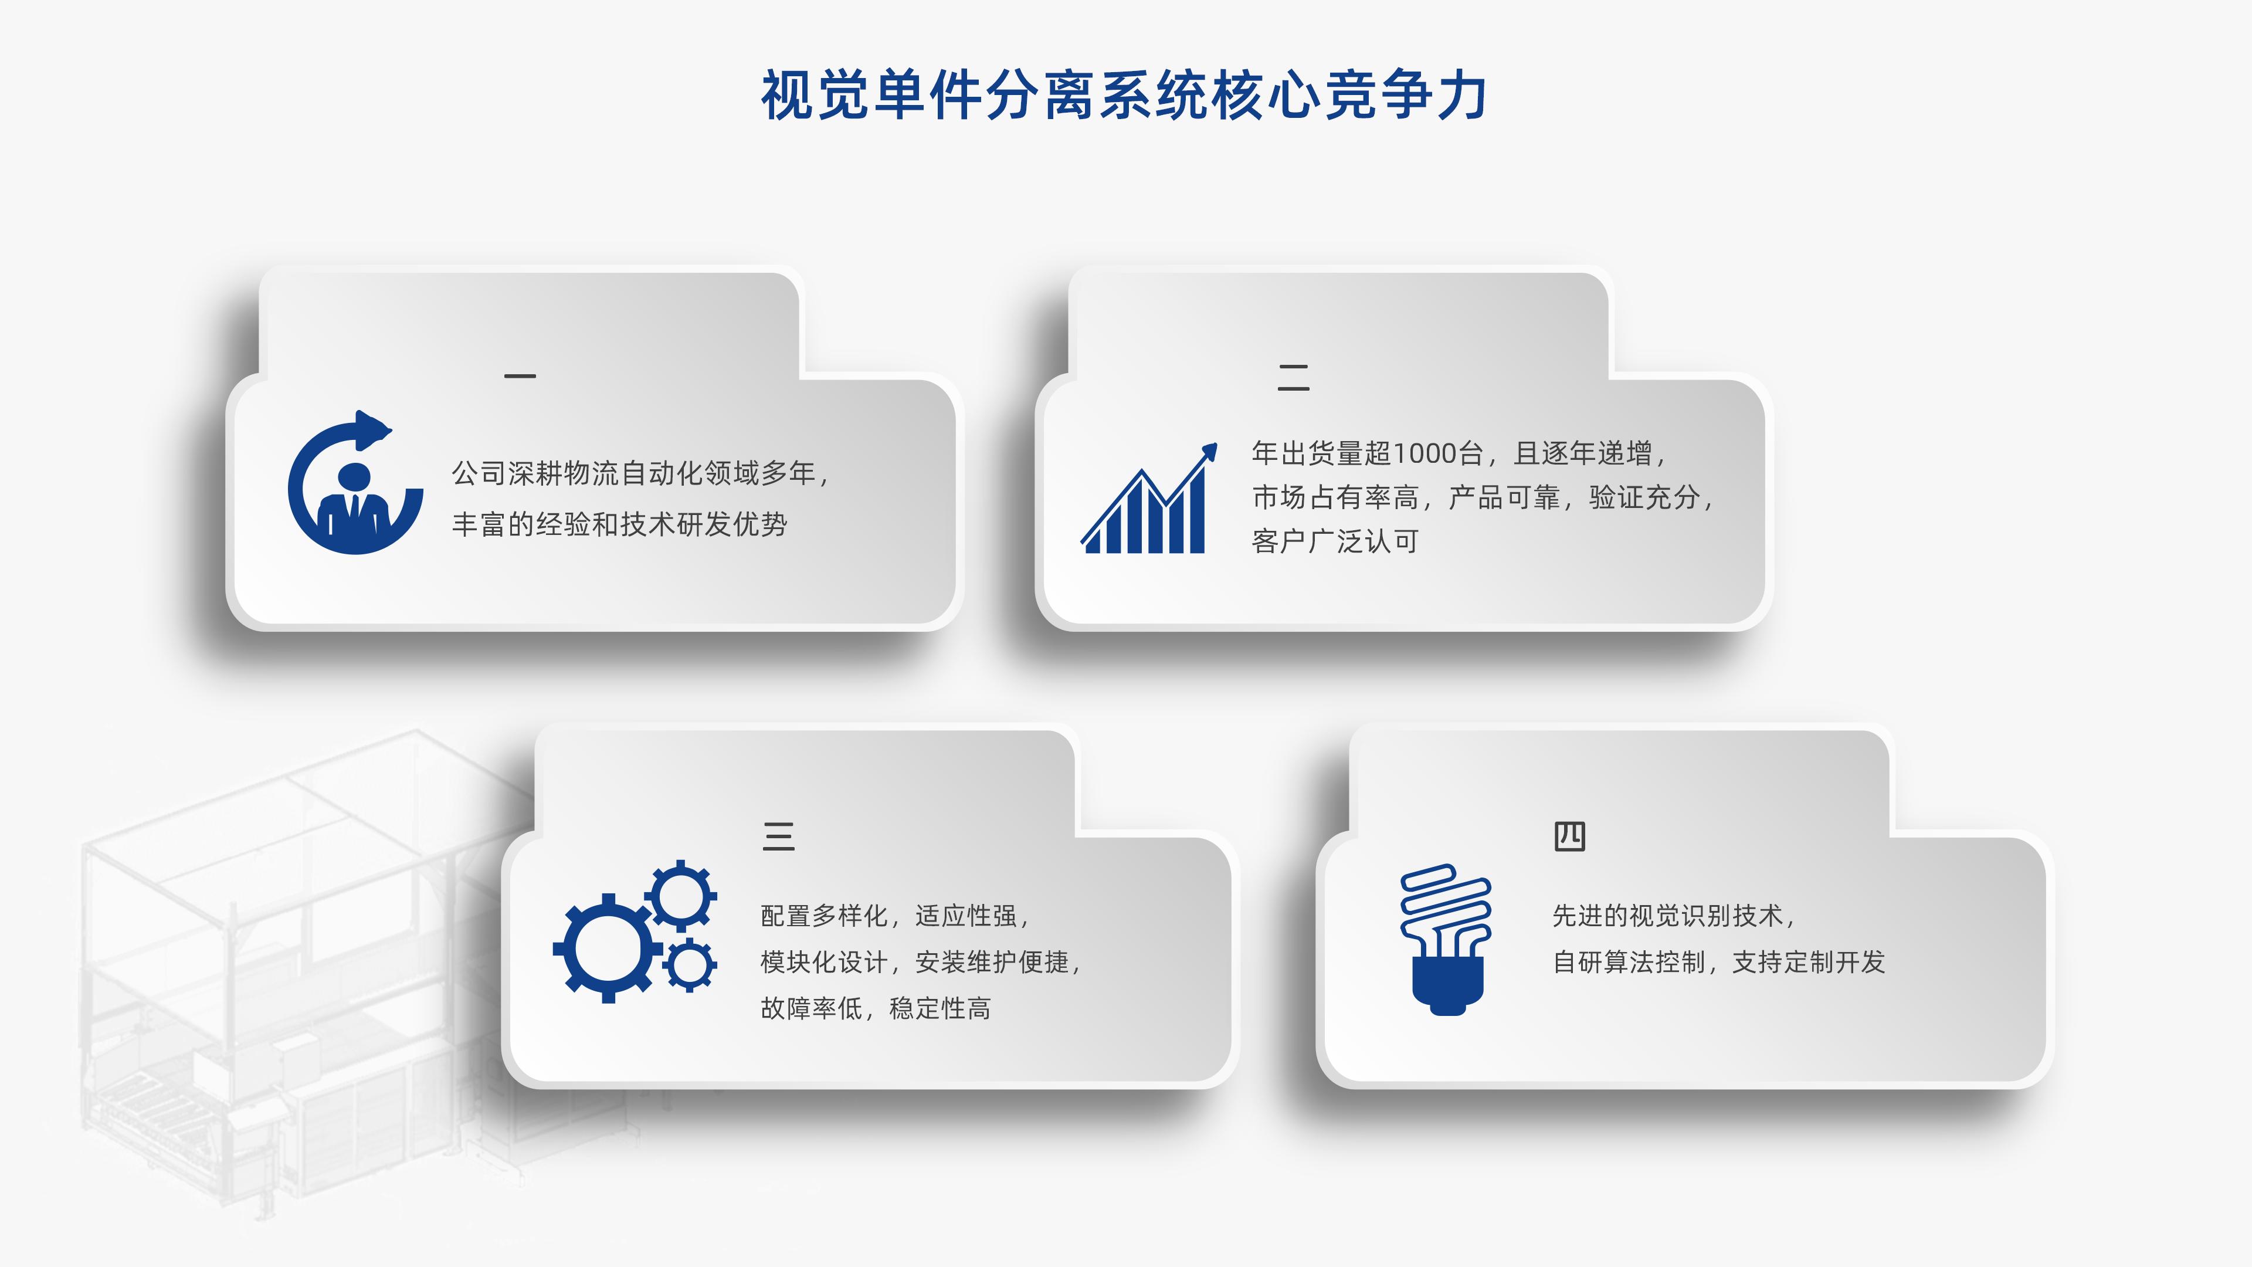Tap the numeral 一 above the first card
pos(520,376)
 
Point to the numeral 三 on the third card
pos(778,837)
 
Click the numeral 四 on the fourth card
pos(1569,837)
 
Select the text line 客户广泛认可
pos(1334,542)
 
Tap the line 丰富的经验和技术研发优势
pos(619,524)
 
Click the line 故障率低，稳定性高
pos(875,1008)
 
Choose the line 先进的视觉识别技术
pos(1667,916)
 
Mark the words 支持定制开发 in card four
pos(1808,962)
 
